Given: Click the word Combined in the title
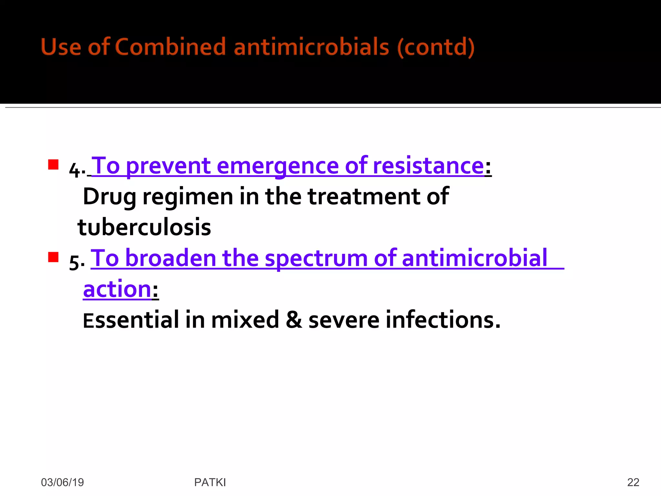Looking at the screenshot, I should [170, 47].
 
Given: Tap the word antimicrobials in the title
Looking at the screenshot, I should [311, 47].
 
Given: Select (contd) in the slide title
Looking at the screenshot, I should [436, 47].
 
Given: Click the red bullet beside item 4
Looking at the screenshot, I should [53, 165].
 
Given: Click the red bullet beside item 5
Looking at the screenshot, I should [53, 257].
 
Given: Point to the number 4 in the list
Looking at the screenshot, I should [75, 170].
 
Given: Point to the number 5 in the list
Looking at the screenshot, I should [75, 262].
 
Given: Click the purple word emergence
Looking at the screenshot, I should [278, 166].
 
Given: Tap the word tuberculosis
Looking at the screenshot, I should [144, 227].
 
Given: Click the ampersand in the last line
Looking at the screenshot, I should [294, 320].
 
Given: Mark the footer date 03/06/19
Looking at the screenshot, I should [62, 482].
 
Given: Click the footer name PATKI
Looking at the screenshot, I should [210, 482].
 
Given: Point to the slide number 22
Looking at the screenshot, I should [633, 482].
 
